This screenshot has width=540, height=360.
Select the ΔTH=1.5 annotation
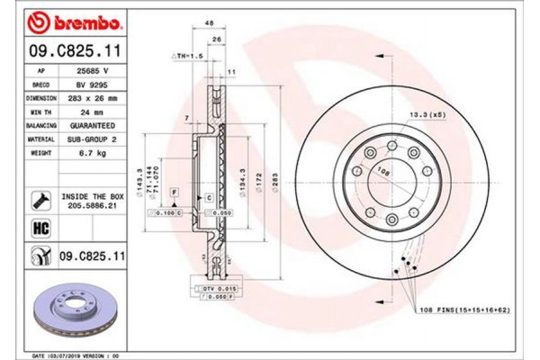coord(187,56)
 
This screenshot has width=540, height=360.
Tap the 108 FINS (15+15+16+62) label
coord(467,310)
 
